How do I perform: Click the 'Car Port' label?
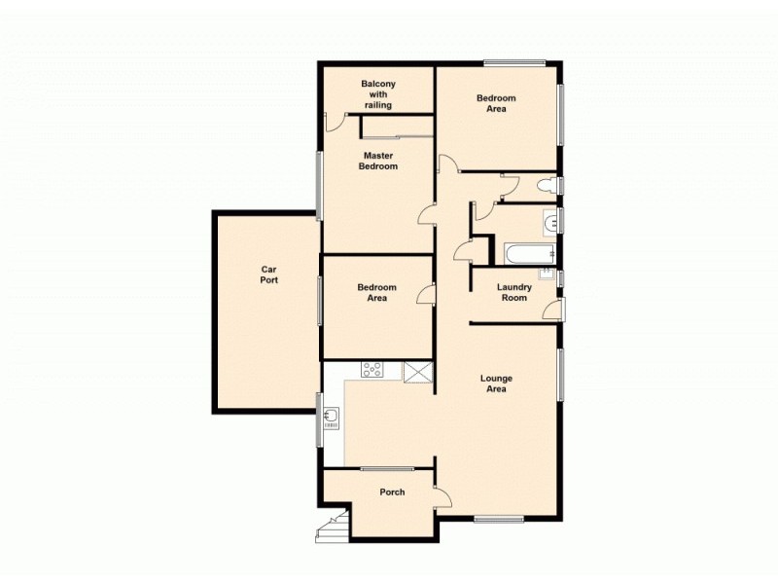coord(269,274)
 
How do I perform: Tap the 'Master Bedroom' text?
coord(379,161)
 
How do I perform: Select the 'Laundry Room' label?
coord(513,292)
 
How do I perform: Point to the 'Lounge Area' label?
coord(497,383)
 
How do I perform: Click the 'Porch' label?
coord(392,493)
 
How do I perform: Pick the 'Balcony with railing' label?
coord(377,94)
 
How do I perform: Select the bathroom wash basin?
coord(551,223)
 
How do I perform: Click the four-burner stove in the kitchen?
coord(372,370)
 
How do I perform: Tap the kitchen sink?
coord(332,419)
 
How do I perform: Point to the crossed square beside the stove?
coord(418,372)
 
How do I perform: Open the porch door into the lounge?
coord(443,495)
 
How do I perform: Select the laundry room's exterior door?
coord(555,310)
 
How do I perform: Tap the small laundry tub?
coord(548,274)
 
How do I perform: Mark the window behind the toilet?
coord(561,186)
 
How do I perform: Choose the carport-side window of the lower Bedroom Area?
coord(320,300)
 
